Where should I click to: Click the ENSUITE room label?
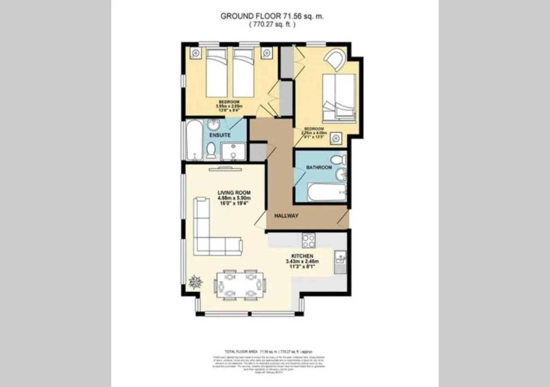tap(220, 135)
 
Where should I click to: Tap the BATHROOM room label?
tap(319, 167)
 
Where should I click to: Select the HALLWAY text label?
tap(286, 216)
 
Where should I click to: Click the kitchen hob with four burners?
tap(308, 240)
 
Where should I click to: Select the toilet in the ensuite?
tap(211, 150)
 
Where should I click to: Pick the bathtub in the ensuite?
tap(194, 140)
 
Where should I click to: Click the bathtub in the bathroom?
tap(327, 192)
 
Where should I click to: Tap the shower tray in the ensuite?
tap(233, 152)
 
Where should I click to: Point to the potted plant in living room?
tap(196, 283)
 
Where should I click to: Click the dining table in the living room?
tap(239, 285)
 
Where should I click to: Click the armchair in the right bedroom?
tap(335, 59)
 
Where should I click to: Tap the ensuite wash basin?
tap(214, 126)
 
